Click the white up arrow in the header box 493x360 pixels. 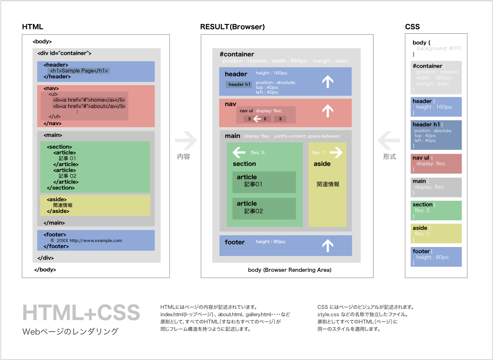[x=328, y=82]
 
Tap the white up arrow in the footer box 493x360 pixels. [x=328, y=245]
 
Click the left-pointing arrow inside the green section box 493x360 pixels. [x=239, y=153]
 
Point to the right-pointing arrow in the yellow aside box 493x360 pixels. [x=336, y=153]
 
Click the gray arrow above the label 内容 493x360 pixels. [x=186, y=141]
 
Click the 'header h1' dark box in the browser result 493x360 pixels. [x=239, y=85]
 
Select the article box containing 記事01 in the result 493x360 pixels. [x=264, y=182]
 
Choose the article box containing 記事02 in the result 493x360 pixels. [x=264, y=208]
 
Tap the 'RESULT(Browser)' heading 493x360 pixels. [x=232, y=27]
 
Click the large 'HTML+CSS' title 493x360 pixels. [x=81, y=312]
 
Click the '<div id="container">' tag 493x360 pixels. [x=64, y=53]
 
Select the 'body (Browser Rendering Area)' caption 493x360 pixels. [x=290, y=270]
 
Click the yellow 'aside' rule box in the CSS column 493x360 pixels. [x=436, y=234]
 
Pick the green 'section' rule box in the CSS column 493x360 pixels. [x=436, y=210]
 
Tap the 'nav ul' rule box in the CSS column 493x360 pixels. [x=436, y=163]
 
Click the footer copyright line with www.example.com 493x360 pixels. [x=86, y=241]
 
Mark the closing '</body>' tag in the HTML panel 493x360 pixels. [x=45, y=269]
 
